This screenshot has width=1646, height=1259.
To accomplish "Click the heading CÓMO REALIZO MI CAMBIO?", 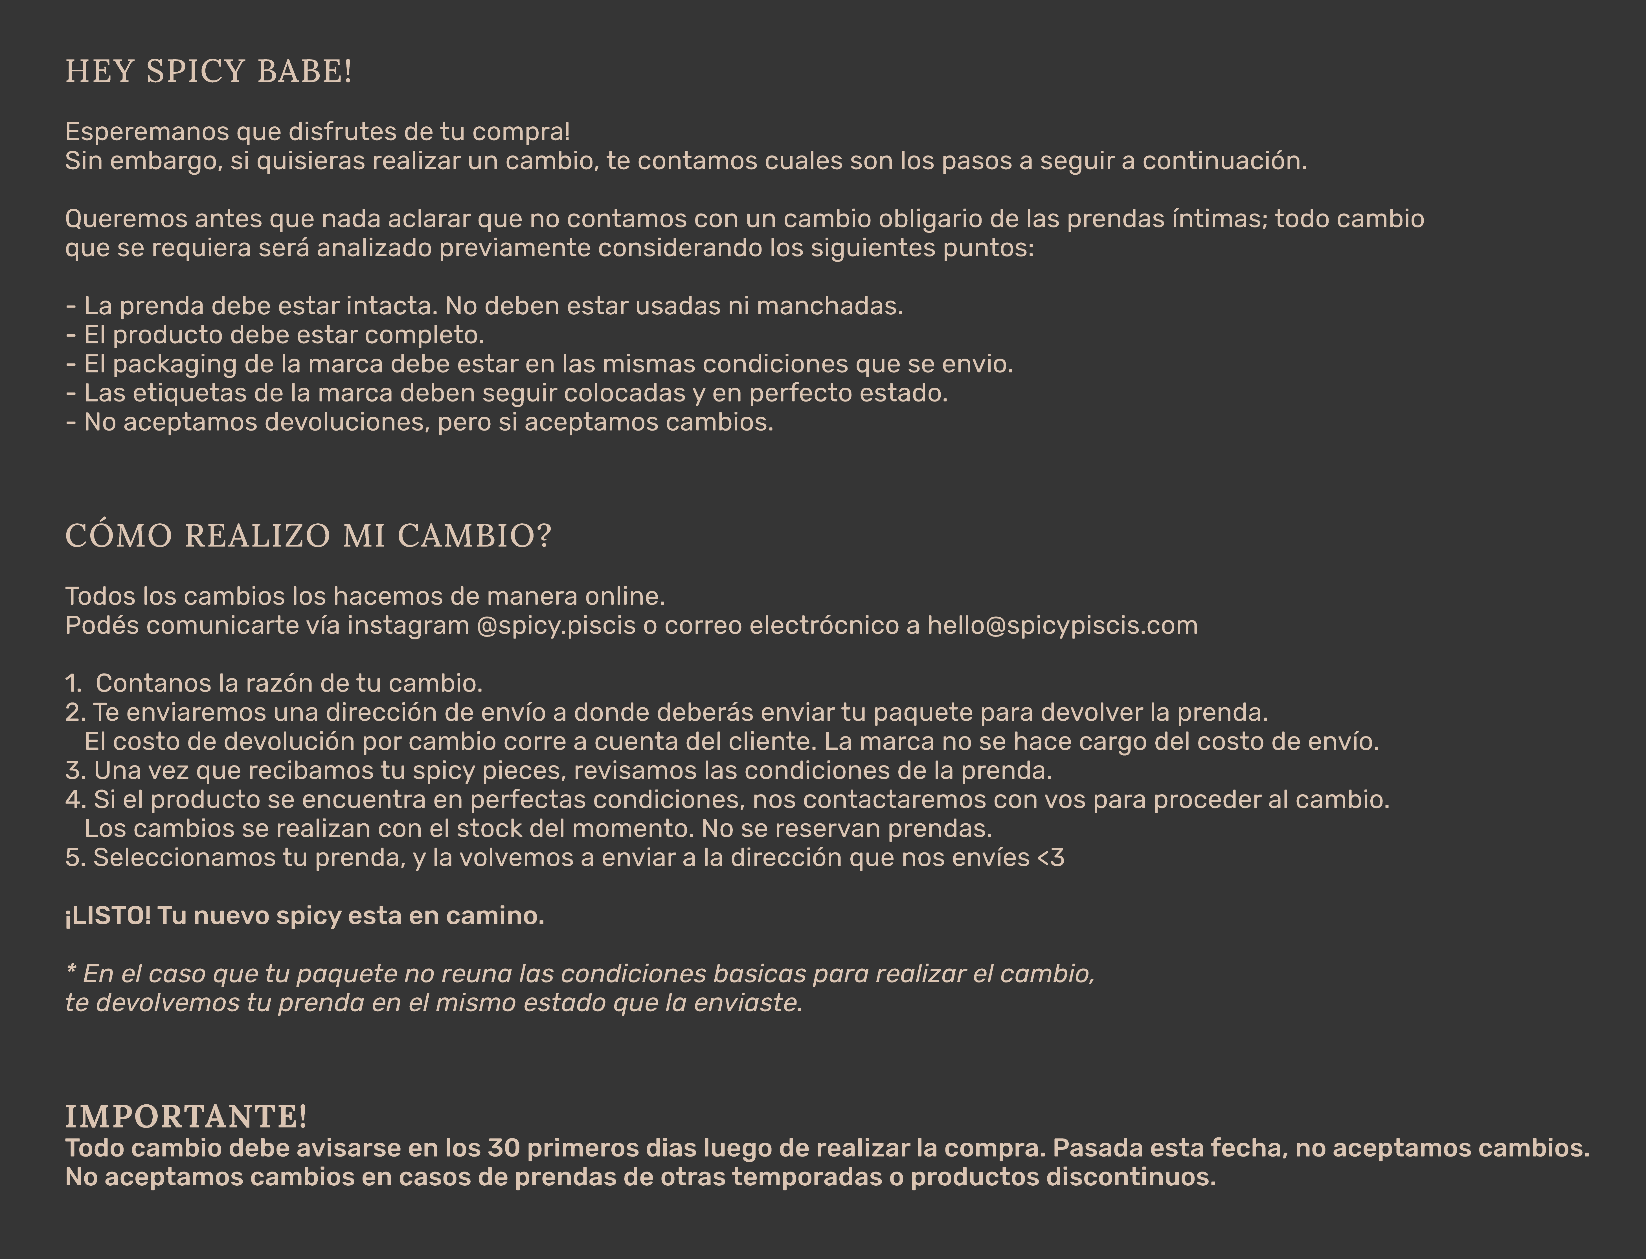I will click(308, 536).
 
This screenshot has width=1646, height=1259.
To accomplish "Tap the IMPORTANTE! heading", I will click(186, 1117).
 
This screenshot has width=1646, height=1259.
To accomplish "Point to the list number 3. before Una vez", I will click(75, 770).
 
